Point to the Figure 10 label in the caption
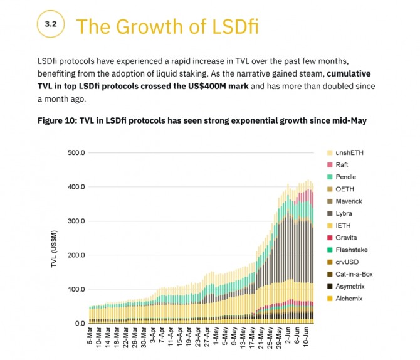(x=59, y=120)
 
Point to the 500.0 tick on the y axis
(x=76, y=152)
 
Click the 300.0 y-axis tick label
(x=76, y=221)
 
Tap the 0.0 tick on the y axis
(x=80, y=323)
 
